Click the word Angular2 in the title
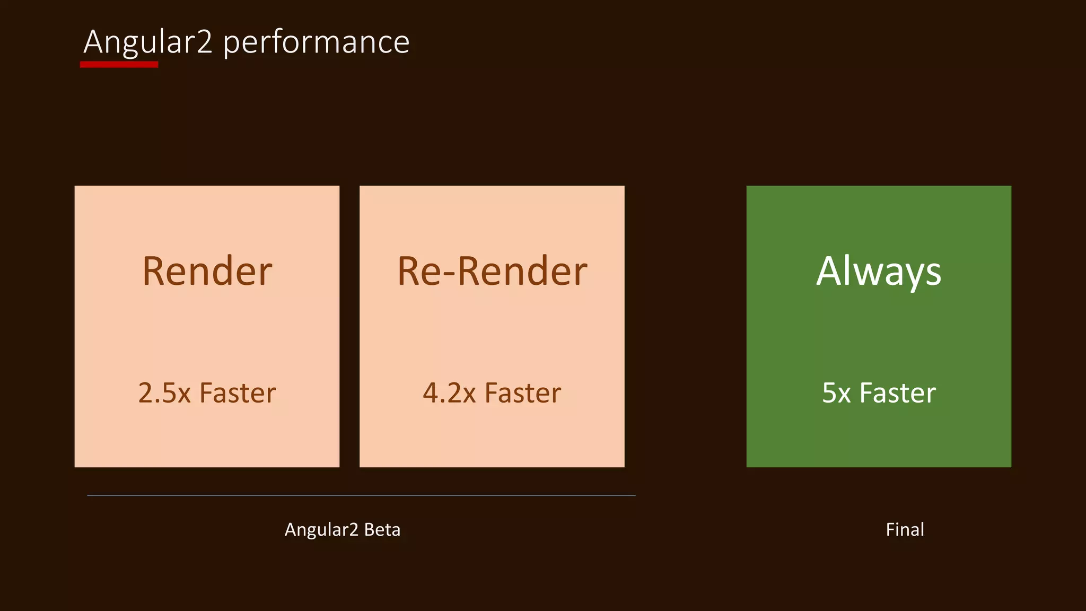148,42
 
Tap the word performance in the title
316,42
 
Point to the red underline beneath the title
119,65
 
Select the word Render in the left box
207,272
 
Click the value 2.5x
164,393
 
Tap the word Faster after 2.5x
238,393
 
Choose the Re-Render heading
492,272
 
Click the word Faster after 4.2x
523,393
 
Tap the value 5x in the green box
836,393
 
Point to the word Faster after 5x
897,393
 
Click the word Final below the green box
905,529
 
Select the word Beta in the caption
382,529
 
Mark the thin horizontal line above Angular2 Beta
361,495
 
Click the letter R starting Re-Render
409,272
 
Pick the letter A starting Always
830,271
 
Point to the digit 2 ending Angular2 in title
204,42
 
